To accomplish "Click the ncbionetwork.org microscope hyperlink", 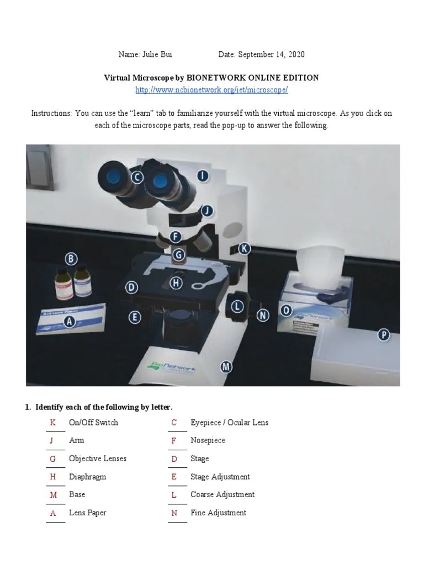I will coord(212,89).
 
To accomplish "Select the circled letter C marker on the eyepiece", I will coord(136,178).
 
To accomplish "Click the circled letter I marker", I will coord(203,176).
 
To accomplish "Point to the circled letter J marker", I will coord(206,211).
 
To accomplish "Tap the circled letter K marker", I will coord(244,249).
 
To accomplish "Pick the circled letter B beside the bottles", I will coord(71,258).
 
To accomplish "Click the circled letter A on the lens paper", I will coord(70,322).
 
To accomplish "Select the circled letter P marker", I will coord(383,334).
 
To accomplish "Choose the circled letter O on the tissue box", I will coord(286,310).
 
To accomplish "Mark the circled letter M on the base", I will coord(226,366).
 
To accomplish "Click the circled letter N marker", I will coord(263,315).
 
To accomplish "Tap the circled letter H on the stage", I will coord(176,283).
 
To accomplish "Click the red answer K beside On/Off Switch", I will coord(53,423).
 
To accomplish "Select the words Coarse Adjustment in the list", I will coord(222,495).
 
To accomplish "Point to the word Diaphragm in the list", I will coord(87,477).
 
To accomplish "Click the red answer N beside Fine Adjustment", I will coord(174,513).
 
